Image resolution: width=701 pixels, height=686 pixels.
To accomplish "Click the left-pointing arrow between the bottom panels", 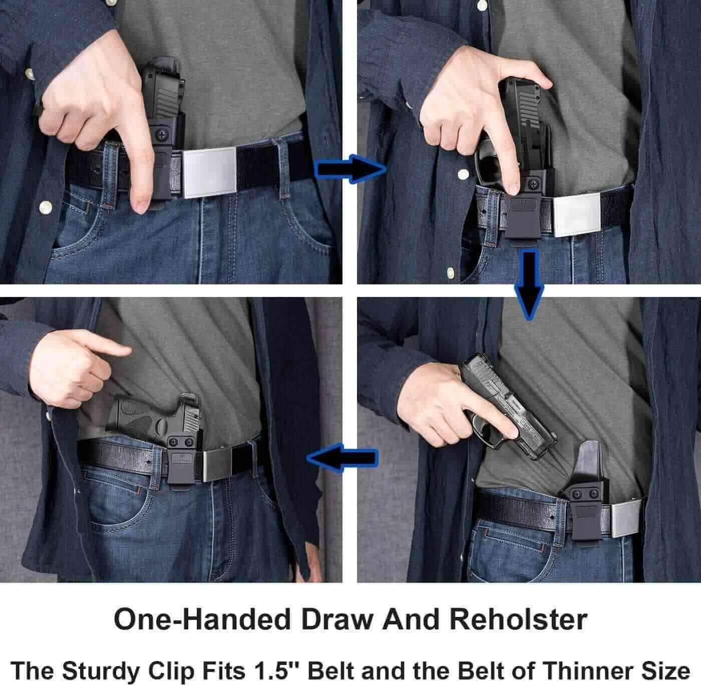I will (342, 458).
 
